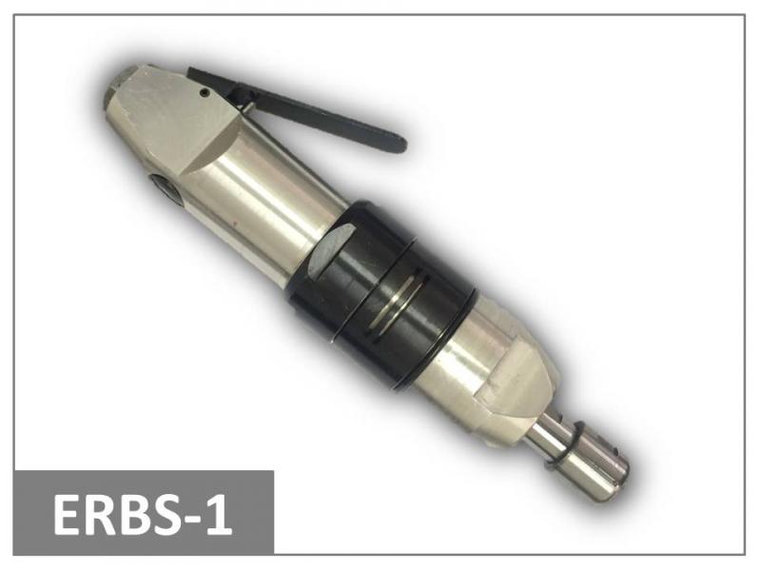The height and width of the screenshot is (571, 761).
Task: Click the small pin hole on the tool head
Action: click(205, 91)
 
